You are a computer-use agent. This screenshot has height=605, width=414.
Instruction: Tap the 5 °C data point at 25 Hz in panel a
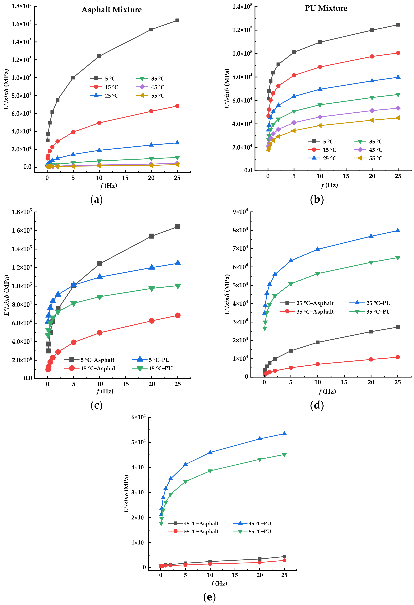(x=177, y=20)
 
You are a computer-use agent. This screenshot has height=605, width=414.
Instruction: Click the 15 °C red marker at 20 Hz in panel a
(x=151, y=111)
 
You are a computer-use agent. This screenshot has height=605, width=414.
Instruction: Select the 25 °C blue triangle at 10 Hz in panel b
(x=320, y=89)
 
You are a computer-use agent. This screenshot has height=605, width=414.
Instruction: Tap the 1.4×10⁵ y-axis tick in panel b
(x=242, y=6)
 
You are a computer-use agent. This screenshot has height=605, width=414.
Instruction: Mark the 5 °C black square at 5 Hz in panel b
(x=294, y=52)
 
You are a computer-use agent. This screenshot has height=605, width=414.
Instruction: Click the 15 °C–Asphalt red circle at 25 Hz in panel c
(x=178, y=315)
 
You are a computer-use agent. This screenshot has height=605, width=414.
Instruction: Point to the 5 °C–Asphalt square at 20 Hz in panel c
(x=152, y=236)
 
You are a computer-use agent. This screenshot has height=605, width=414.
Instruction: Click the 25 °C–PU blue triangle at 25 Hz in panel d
(x=398, y=230)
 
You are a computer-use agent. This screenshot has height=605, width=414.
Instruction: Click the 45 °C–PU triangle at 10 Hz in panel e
(x=210, y=452)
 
